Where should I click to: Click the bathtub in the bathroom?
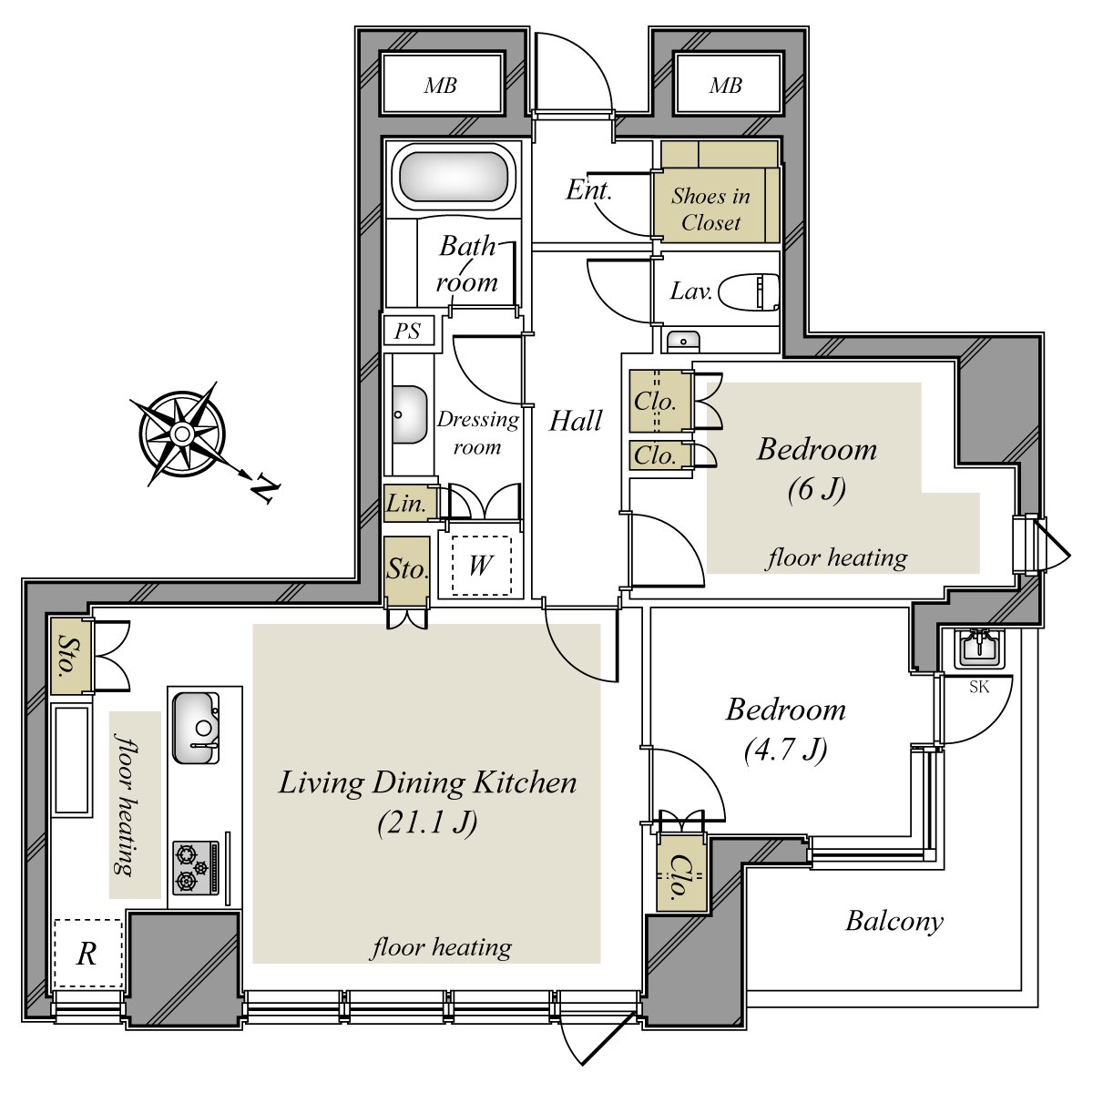click(x=456, y=175)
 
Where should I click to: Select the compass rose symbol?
click(x=181, y=434)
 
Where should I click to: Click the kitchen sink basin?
click(x=196, y=728)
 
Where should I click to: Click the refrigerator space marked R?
click(x=88, y=954)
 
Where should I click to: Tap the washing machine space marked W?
click(x=482, y=565)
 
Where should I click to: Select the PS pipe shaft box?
click(x=408, y=331)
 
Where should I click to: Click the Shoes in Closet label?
click(x=710, y=209)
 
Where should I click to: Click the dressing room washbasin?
click(x=408, y=415)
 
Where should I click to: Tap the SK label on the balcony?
click(x=979, y=687)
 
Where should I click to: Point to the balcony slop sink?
click(x=979, y=648)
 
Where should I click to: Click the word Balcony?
click(x=894, y=922)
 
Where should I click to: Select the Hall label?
click(x=575, y=421)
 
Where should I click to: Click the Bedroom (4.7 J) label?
click(x=785, y=730)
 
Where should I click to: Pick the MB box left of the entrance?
click(x=442, y=85)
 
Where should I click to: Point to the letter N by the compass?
click(x=265, y=486)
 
